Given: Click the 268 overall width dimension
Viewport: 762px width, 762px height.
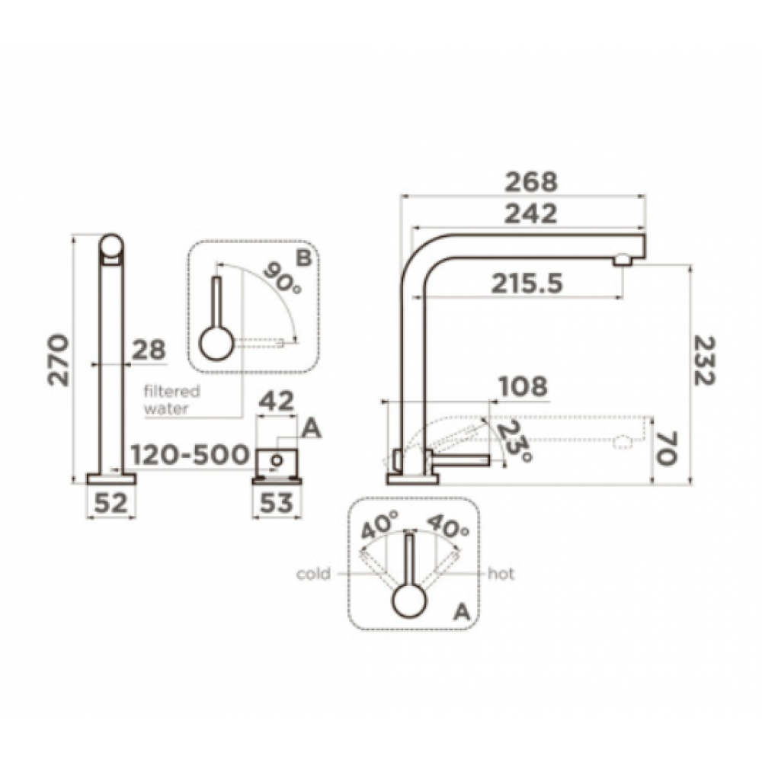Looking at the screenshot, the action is pos(530,182).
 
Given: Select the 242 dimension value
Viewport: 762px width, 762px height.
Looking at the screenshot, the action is pos(530,214).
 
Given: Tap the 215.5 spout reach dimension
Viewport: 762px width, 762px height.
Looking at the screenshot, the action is pos(527,283).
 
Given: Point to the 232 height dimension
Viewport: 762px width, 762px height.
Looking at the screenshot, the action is pos(704,360).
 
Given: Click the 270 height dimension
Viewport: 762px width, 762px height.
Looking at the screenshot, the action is pos(59,360).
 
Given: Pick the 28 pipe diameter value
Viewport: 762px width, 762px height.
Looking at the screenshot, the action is pos(149,350).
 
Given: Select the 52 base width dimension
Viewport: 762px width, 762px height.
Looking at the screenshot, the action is pos(110,503).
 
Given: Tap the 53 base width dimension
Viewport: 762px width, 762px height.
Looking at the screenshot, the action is pos(276,503).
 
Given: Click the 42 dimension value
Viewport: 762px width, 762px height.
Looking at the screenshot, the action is pos(276,402).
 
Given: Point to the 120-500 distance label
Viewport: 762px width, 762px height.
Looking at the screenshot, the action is pos(190,455).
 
